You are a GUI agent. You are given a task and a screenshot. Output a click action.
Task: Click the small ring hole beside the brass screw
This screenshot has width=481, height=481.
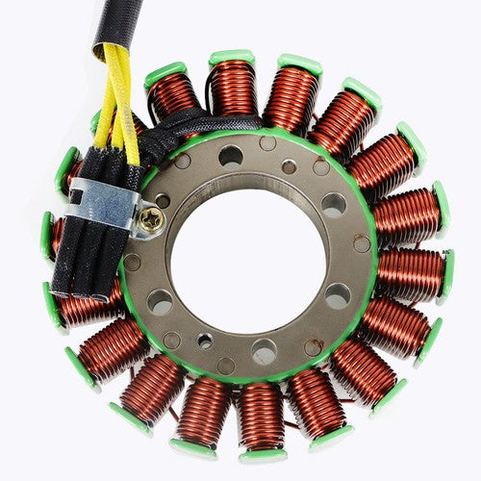click(x=162, y=201)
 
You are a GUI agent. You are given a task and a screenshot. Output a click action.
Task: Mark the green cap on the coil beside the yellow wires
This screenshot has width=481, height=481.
click(x=165, y=72)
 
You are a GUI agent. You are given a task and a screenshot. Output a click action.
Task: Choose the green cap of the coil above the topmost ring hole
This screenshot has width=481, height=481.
click(x=232, y=58)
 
